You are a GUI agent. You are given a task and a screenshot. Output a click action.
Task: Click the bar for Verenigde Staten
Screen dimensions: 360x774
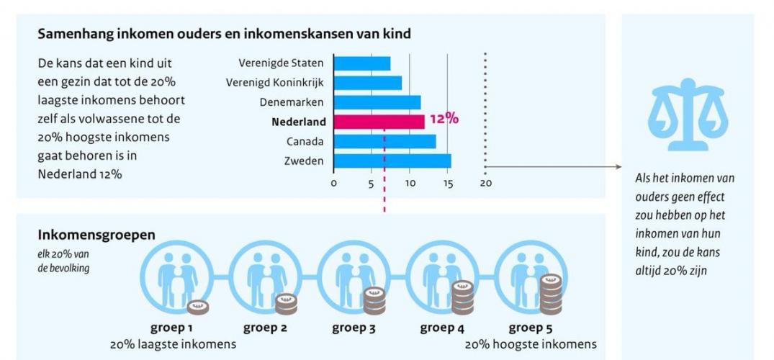[362, 63]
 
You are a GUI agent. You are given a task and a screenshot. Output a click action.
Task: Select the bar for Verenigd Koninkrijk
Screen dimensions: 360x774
[368, 83]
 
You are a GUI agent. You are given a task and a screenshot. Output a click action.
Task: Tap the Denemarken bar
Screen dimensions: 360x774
[377, 102]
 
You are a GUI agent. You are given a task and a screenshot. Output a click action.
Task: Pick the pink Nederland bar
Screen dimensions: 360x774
[379, 122]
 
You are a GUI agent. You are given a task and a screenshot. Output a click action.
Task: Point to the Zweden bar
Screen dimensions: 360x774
[392, 161]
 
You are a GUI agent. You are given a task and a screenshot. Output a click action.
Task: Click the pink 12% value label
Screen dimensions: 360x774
[444, 120]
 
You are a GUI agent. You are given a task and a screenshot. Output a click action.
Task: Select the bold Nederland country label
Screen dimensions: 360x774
[298, 122]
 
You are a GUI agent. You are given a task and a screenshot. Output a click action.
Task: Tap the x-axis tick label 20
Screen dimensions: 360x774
[485, 183]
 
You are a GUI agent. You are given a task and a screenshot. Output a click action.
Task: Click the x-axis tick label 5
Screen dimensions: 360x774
[372, 183]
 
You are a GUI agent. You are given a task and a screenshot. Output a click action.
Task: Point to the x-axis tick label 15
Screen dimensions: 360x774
[448, 183]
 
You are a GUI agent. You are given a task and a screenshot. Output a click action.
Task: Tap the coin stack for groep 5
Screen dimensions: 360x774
[551, 294]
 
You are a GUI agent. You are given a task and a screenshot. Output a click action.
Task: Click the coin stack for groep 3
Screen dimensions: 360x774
[374, 302]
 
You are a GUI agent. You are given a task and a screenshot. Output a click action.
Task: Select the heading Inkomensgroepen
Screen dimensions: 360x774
[96, 235]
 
